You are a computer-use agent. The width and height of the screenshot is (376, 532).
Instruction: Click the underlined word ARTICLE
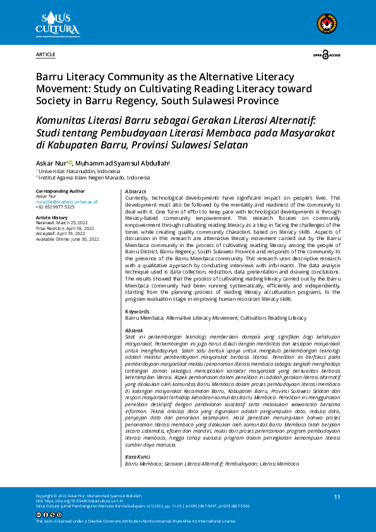pos(45,56)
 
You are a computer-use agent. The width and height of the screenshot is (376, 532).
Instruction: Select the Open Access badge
pos(327,56)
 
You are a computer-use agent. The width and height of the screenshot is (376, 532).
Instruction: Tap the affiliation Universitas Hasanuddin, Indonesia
pos(80,171)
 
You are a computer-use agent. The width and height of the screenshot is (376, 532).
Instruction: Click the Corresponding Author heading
pos(60,191)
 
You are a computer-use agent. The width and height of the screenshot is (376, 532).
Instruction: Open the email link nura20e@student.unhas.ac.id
pos(66,202)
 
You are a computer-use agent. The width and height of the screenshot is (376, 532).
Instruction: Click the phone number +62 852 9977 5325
pos(55,207)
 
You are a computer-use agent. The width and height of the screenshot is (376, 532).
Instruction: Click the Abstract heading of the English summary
pos(136,191)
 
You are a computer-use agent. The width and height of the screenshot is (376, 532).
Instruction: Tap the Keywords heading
pos(137,311)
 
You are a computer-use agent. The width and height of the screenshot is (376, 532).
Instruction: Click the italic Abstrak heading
pos(134,330)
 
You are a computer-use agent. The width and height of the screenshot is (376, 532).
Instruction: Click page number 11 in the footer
pos(337,497)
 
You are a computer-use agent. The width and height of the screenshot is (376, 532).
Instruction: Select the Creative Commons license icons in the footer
pos(49,515)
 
